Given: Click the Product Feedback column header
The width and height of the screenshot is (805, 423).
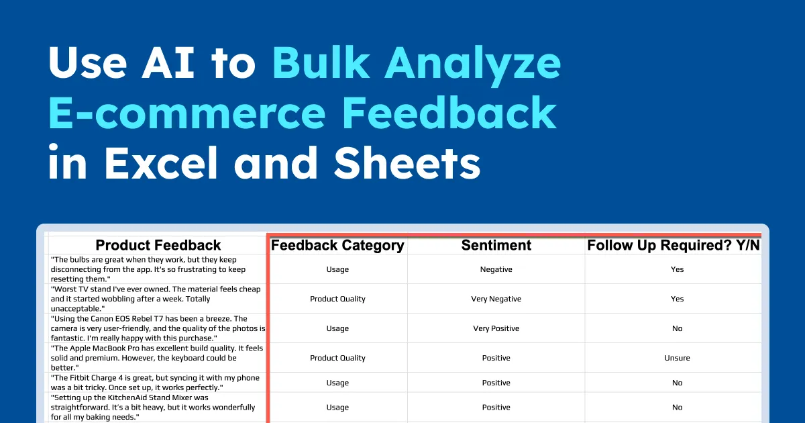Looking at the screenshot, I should tap(158, 245).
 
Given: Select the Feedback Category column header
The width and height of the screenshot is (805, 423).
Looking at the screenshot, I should tap(337, 245).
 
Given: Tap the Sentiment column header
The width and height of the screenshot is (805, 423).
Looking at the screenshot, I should tap(496, 245).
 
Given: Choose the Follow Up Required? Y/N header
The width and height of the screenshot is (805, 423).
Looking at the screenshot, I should tap(674, 245).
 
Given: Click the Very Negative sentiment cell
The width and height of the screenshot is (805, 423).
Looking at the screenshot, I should tap(496, 299).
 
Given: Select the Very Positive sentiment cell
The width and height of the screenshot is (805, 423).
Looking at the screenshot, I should tap(496, 328).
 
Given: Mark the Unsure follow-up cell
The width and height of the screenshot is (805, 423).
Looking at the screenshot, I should tap(677, 358).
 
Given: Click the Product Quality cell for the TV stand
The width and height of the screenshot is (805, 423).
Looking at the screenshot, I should tap(337, 299).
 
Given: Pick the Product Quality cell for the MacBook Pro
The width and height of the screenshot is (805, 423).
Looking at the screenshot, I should tap(337, 358).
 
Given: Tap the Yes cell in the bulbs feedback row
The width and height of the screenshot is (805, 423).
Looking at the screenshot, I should tap(677, 269).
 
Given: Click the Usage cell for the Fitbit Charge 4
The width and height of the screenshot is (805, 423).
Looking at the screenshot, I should tap(337, 383).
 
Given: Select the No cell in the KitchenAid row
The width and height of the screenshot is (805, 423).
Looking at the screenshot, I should tap(677, 407).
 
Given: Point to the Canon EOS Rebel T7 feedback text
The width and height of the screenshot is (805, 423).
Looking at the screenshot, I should tap(158, 328).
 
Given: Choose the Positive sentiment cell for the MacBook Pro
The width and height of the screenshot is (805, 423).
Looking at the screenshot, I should tap(496, 358).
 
